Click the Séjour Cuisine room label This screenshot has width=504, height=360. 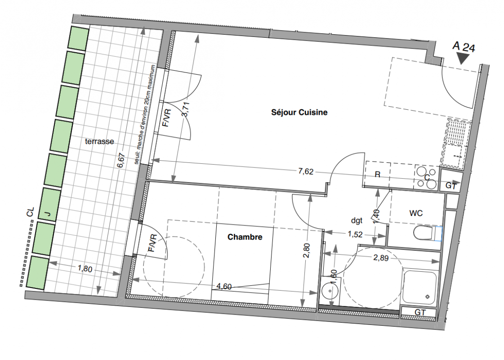299,112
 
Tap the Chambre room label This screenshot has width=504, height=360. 245,237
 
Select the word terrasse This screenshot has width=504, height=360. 99,141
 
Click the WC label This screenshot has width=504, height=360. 416,213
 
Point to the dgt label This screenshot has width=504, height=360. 357,220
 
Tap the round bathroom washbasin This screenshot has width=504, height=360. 330,291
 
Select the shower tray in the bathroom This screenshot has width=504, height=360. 420,287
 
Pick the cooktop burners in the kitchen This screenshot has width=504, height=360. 427,178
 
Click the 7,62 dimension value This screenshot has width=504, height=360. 305,171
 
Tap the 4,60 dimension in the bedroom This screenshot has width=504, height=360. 224,286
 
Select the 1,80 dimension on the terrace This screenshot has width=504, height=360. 85,269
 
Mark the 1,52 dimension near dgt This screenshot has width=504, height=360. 355,234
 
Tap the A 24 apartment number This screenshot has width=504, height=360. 464,47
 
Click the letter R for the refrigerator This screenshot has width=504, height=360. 378,174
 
